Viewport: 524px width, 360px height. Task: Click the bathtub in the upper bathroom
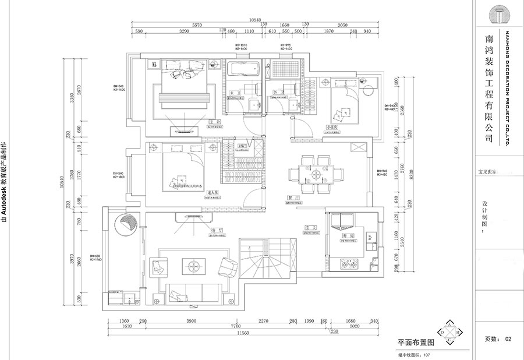(242, 69)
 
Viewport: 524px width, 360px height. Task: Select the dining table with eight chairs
(317, 174)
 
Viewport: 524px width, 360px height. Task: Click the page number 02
(508, 338)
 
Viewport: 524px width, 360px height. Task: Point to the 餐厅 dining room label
(293, 198)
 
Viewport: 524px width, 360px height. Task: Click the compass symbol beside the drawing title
(451, 332)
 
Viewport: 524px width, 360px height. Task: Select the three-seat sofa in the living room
(194, 291)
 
